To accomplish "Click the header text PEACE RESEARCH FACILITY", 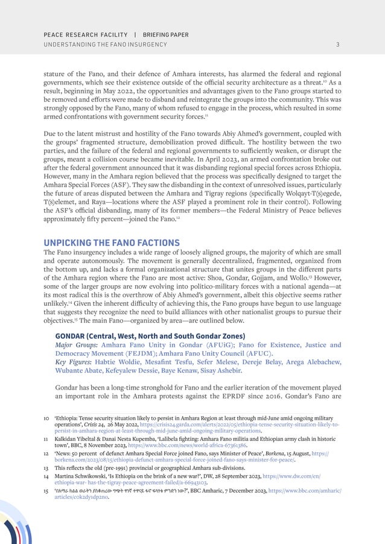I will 85,34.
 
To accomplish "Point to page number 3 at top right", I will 338,45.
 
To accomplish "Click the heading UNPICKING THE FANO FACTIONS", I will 112,242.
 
